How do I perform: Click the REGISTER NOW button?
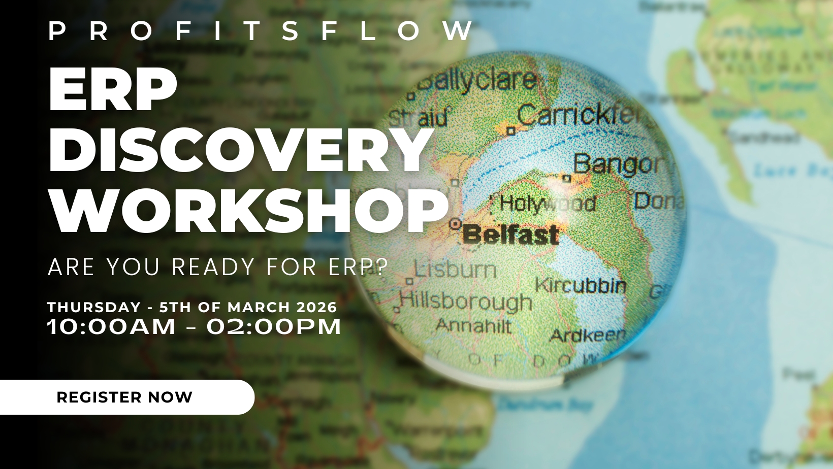[124, 397]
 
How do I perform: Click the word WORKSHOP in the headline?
[249, 211]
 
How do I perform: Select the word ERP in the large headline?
[113, 90]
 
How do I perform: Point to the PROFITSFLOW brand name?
[261, 31]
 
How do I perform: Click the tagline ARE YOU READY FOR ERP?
[218, 267]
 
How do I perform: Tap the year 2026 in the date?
[316, 307]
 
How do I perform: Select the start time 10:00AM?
[111, 326]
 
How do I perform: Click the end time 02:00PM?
[274, 326]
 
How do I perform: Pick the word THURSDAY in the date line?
[94, 307]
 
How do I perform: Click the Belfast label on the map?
[510, 235]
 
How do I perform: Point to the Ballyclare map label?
[477, 81]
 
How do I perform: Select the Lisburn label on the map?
[455, 269]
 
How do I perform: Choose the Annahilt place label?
[473, 325]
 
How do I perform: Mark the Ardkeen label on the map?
[588, 335]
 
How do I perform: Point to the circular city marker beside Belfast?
[455, 223]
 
